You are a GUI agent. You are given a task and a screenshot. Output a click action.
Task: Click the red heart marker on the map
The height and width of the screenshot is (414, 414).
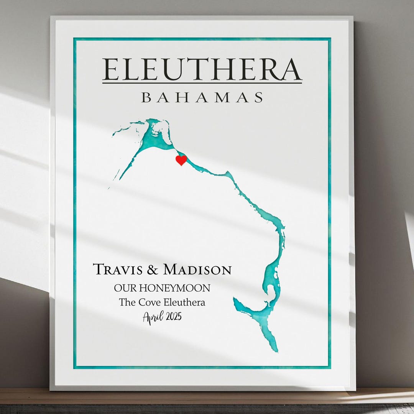click(x=181, y=160)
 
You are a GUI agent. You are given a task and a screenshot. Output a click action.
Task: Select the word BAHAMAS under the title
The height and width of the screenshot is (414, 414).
click(x=202, y=97)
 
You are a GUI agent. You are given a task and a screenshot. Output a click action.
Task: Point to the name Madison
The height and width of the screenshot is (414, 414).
click(x=197, y=269)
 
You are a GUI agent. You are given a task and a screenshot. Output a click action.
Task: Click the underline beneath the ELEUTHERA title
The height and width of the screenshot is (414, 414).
click(x=202, y=82)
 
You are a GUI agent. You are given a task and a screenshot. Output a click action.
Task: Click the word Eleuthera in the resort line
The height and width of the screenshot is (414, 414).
click(x=184, y=302)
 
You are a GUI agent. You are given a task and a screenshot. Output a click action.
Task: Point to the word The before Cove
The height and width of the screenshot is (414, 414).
click(x=127, y=302)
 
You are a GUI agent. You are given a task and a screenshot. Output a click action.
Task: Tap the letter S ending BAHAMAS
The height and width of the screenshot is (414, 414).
click(x=259, y=97)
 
